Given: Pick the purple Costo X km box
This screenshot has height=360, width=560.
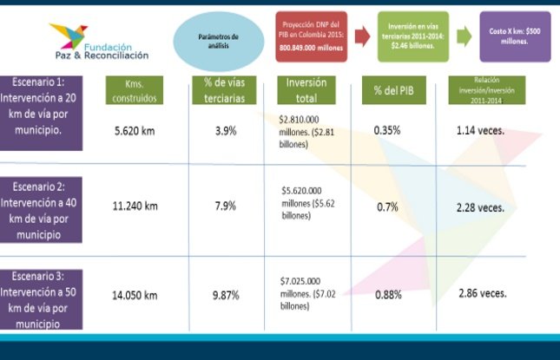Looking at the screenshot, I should point(515,36).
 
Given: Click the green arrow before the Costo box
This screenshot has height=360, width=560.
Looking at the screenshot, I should point(464,36).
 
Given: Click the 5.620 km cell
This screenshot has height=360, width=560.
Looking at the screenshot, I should point(135,131).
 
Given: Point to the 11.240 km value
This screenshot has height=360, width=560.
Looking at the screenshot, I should point(135,206).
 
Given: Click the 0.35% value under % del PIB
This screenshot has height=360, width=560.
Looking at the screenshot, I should point(387,130).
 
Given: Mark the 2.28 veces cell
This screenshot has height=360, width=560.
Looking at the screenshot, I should point(480,207).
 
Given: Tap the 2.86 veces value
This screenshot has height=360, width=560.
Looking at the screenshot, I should point(482,293).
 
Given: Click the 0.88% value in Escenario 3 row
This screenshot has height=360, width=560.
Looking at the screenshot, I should point(388,294).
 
